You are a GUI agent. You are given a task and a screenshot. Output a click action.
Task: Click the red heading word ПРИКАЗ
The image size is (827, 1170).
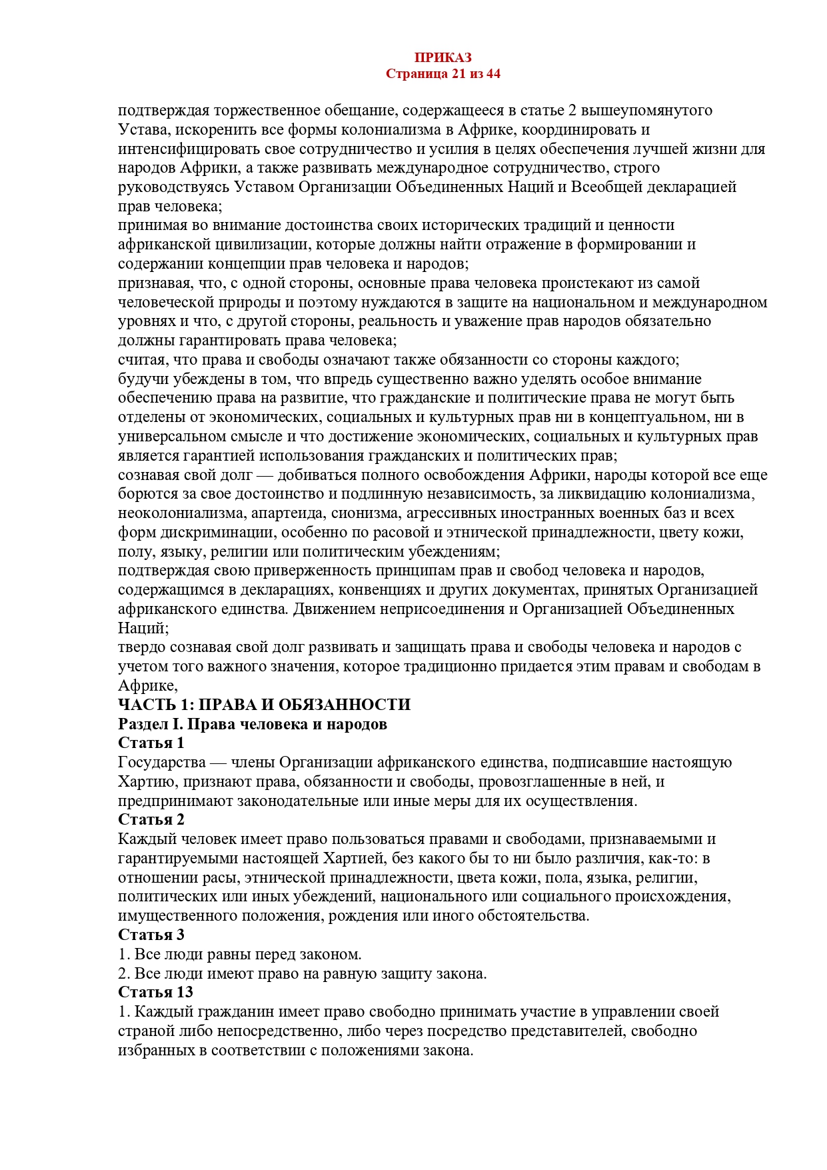(442, 58)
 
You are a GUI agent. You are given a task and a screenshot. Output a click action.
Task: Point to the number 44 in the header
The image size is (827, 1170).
(493, 73)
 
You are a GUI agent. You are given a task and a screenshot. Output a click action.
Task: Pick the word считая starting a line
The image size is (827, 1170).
(141, 360)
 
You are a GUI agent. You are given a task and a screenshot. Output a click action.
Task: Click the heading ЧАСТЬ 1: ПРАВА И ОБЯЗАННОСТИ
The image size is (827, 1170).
(264, 705)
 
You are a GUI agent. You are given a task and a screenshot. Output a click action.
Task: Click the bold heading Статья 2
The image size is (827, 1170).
(151, 819)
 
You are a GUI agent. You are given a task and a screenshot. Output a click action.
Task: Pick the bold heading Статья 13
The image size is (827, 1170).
(155, 992)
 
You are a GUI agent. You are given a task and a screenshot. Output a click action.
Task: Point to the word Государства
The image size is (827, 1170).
(162, 762)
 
